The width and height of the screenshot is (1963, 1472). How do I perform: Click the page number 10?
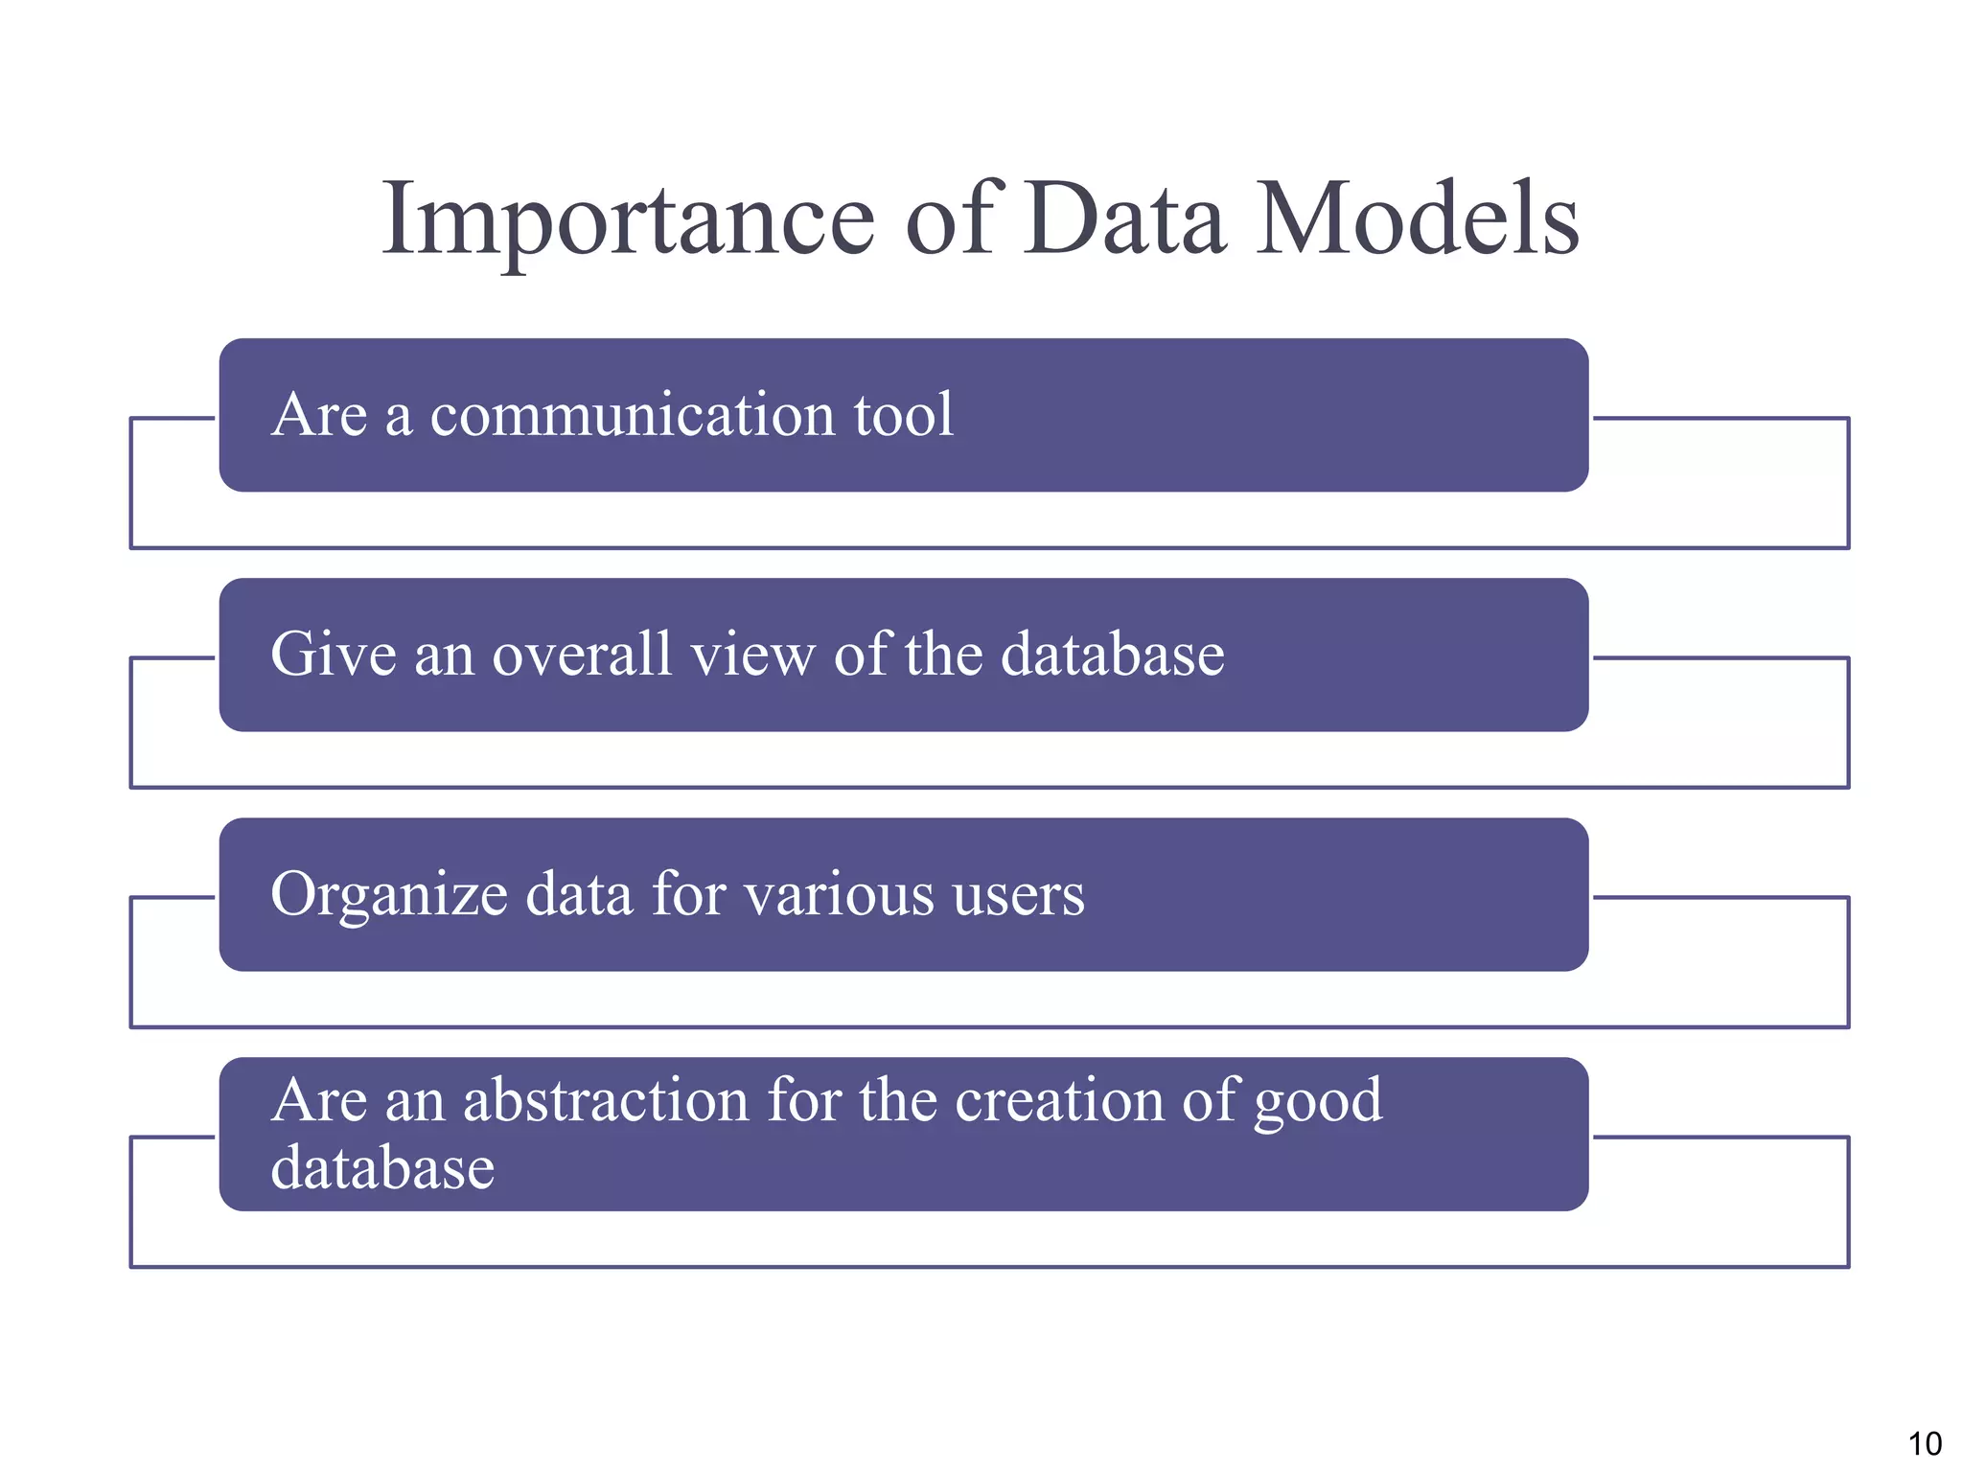coord(1924,1443)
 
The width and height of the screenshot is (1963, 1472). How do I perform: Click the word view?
coord(751,655)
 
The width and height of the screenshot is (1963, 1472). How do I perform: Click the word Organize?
coord(389,895)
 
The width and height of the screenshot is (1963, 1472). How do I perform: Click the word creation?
coord(1058,1100)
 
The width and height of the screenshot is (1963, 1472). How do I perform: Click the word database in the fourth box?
coord(382,1168)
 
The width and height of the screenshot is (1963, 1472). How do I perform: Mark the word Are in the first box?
coord(319,416)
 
